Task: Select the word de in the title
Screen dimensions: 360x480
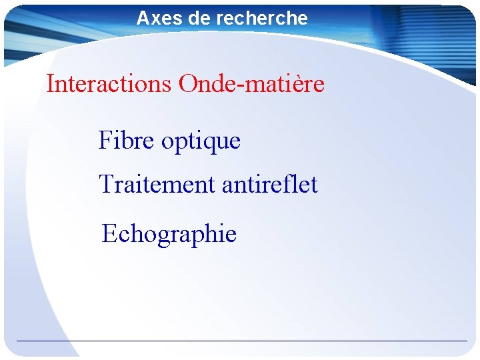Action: coord(199,18)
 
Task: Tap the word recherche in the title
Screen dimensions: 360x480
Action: coord(263,18)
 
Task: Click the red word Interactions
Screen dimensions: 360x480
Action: coord(109,84)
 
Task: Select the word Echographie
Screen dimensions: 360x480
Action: coord(169,235)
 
